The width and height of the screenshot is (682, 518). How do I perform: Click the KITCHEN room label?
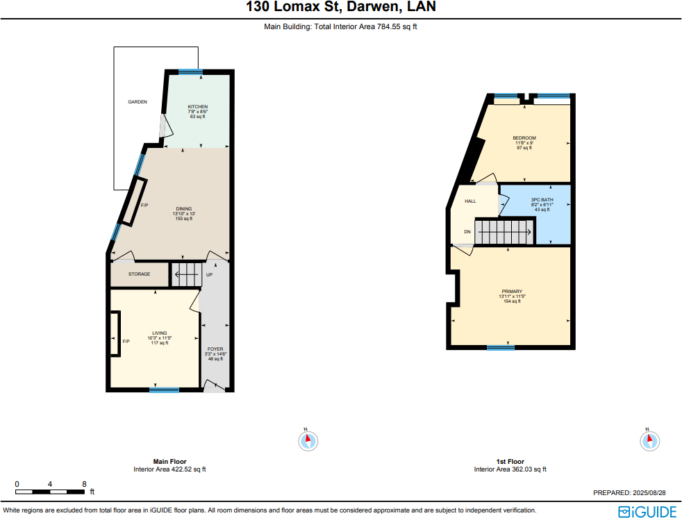click(197, 107)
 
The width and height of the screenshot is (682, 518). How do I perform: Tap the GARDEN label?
click(138, 102)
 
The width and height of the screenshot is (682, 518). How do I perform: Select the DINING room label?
click(183, 209)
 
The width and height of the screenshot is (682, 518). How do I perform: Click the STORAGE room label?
click(139, 274)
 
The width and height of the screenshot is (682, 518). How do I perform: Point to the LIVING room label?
click(159, 333)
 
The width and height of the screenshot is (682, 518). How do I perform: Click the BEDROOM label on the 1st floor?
click(524, 138)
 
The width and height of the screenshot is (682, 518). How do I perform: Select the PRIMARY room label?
click(512, 292)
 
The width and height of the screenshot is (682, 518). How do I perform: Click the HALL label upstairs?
click(470, 201)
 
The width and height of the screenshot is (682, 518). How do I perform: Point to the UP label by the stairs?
click(209, 275)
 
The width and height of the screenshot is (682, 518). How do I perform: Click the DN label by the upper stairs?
click(467, 232)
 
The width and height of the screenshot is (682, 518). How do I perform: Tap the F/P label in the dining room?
click(144, 206)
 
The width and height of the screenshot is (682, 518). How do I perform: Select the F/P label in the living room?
click(126, 342)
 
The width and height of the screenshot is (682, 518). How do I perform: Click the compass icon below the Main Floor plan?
click(308, 440)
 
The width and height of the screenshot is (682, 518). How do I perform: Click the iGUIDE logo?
click(647, 512)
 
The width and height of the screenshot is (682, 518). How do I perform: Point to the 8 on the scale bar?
click(84, 484)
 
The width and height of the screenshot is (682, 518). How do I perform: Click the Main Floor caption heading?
click(169, 461)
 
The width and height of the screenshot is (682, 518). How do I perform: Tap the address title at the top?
click(341, 8)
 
